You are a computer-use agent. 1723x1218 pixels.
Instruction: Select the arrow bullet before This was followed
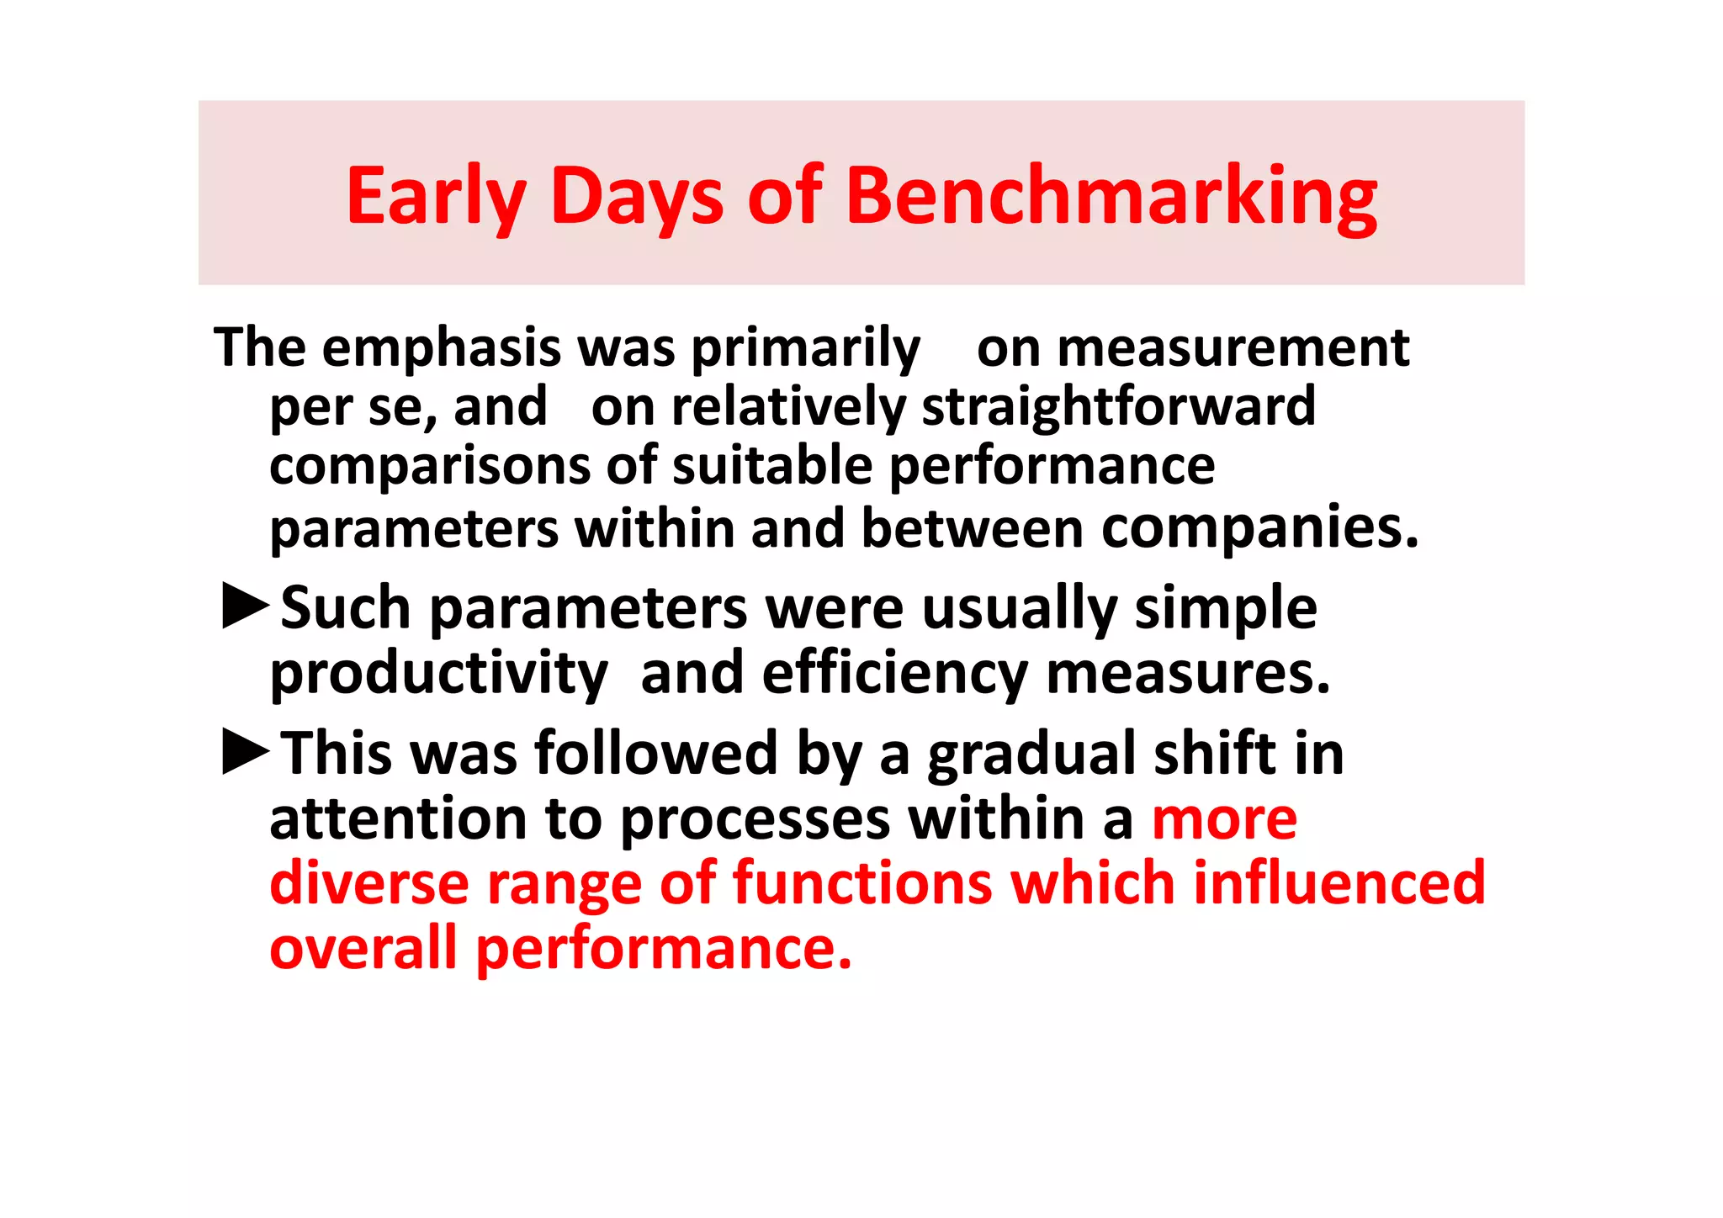point(245,751)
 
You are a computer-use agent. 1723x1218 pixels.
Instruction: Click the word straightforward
point(1118,407)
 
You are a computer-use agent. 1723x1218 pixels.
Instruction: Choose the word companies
point(1259,528)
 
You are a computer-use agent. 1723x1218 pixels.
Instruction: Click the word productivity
point(438,674)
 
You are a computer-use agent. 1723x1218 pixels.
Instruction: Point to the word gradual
point(1031,753)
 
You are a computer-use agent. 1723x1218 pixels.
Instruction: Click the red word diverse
point(368,883)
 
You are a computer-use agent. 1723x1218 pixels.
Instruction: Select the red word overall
point(363,948)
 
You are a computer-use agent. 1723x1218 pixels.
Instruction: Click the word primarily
point(805,347)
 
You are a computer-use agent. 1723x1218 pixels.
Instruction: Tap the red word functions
point(862,883)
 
